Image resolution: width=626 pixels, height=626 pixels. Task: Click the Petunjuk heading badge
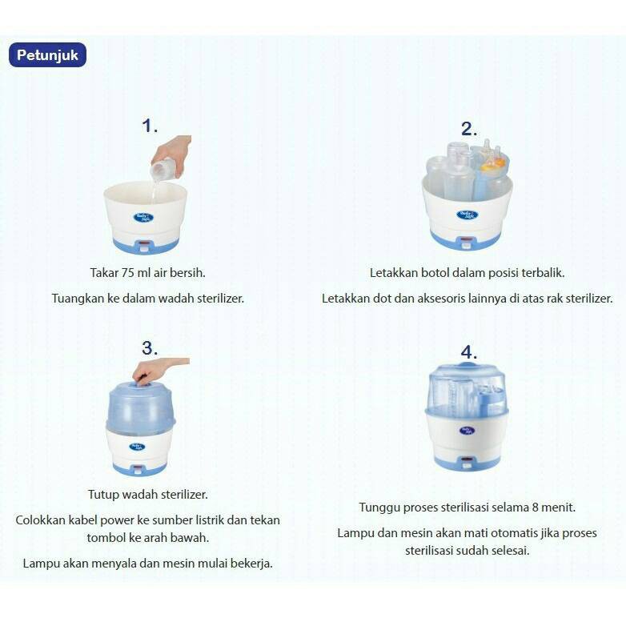click(x=47, y=54)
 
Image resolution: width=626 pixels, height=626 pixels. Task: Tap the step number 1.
click(x=149, y=126)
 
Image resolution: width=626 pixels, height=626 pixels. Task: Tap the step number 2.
click(x=468, y=129)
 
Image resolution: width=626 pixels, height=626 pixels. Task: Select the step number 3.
click(x=150, y=348)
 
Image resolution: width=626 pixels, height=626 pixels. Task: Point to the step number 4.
click(x=469, y=352)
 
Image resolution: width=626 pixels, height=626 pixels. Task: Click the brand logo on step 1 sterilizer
click(x=143, y=218)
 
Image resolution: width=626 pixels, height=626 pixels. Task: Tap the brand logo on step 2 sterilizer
click(x=467, y=215)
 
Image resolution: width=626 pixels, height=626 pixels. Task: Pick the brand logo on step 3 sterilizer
click(x=137, y=447)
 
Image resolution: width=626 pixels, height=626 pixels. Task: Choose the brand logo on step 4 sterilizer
click(x=467, y=431)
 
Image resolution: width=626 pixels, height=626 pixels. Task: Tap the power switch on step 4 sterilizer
click(x=466, y=463)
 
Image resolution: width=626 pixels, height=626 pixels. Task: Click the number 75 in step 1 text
click(x=128, y=273)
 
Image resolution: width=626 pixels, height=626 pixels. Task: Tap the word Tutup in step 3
click(x=103, y=495)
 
